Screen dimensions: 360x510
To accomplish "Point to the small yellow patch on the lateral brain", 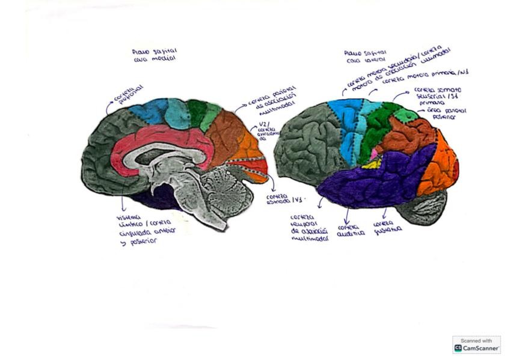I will point(376,163).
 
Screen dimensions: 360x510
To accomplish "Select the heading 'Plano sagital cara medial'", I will point(154,55).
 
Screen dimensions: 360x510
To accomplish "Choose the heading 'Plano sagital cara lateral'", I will point(366,56).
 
